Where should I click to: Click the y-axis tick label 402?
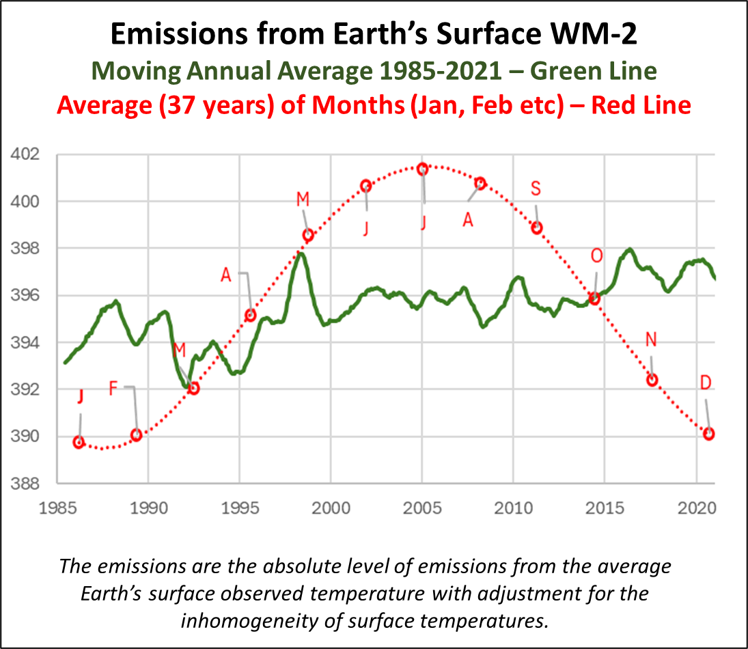pyautogui.click(x=26, y=154)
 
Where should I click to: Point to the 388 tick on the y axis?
pyautogui.click(x=26, y=484)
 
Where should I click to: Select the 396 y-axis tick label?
pyautogui.click(x=26, y=296)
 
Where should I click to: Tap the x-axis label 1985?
pyautogui.click(x=57, y=509)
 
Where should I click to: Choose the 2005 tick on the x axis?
pyautogui.click(x=422, y=509)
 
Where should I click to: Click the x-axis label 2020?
pyautogui.click(x=696, y=509)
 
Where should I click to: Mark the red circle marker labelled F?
pyautogui.click(x=136, y=434)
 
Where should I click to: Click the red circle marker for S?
pyautogui.click(x=537, y=228)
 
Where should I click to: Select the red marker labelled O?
pyautogui.click(x=594, y=299)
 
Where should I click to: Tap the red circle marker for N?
pyautogui.click(x=652, y=380)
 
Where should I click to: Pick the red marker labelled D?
pyautogui.click(x=709, y=434)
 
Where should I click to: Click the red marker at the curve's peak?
pyautogui.click(x=422, y=169)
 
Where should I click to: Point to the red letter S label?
pyautogui.click(x=536, y=189)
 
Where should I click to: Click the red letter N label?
pyautogui.click(x=651, y=340)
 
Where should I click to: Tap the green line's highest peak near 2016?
pyautogui.click(x=629, y=249)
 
